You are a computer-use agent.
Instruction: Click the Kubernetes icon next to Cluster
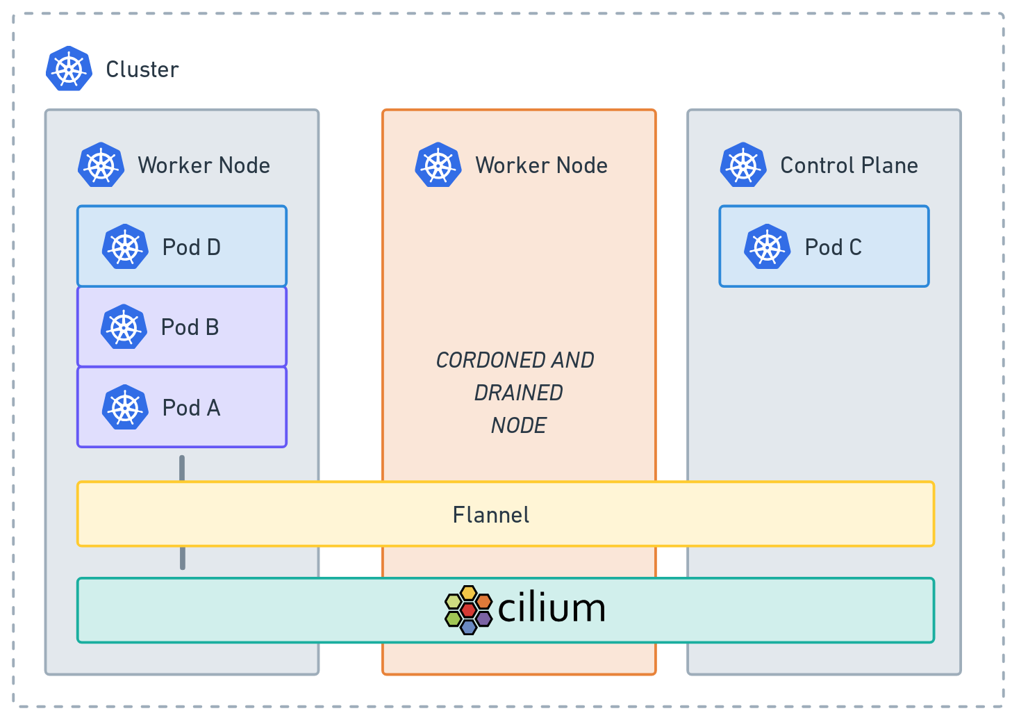pyautogui.click(x=69, y=69)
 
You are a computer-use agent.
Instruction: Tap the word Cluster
pyautogui.click(x=142, y=69)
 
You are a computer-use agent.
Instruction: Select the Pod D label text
pyautogui.click(x=191, y=247)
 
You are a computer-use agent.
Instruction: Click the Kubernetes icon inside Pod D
pyautogui.click(x=125, y=247)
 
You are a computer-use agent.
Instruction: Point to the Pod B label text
pyautogui.click(x=190, y=327)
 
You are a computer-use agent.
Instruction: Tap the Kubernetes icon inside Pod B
pyautogui.click(x=124, y=327)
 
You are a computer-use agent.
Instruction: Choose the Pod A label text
pyautogui.click(x=191, y=408)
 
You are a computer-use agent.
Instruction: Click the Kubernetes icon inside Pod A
pyautogui.click(x=125, y=407)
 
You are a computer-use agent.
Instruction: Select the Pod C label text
pyautogui.click(x=833, y=247)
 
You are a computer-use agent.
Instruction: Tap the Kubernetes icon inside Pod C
pyautogui.click(x=767, y=247)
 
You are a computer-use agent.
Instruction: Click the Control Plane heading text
pyautogui.click(x=849, y=165)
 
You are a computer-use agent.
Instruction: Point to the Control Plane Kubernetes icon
pyautogui.click(x=743, y=165)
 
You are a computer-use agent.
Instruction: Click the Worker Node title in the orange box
pyautogui.click(x=541, y=165)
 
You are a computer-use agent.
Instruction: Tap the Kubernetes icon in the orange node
pyautogui.click(x=438, y=165)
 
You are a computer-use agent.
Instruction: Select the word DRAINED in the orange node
pyautogui.click(x=518, y=393)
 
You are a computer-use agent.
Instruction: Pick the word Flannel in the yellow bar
pyautogui.click(x=491, y=515)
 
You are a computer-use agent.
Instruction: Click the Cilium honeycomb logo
pyautogui.click(x=468, y=610)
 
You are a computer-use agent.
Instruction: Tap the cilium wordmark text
pyautogui.click(x=552, y=609)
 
